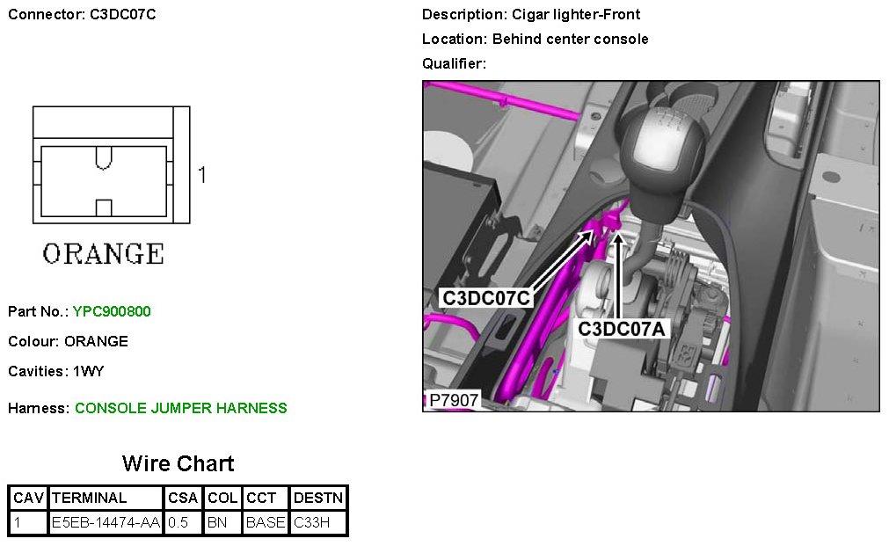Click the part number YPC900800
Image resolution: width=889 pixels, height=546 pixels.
pyautogui.click(x=113, y=311)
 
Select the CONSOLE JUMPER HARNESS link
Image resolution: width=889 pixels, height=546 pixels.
pyautogui.click(x=181, y=408)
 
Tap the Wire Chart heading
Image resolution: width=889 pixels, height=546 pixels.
pyautogui.click(x=178, y=463)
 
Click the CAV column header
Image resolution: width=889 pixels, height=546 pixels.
pyautogui.click(x=28, y=499)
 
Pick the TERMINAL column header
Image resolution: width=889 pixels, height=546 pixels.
pyautogui.click(x=90, y=499)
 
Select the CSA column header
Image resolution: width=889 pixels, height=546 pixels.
pyautogui.click(x=183, y=499)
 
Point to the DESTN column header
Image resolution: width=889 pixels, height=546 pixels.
pyautogui.click(x=318, y=499)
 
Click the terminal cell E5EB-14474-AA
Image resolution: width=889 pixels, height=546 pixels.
pyautogui.click(x=106, y=522)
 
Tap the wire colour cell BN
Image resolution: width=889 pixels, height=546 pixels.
pyautogui.click(x=216, y=522)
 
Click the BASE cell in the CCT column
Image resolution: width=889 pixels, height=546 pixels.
pyautogui.click(x=265, y=522)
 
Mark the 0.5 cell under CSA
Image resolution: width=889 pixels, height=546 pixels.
pyautogui.click(x=179, y=522)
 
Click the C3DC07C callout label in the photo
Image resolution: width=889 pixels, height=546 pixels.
pyautogui.click(x=486, y=298)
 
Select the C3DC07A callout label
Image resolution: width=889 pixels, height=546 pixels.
pyautogui.click(x=623, y=329)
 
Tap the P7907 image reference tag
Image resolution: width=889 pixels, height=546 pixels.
pyautogui.click(x=453, y=401)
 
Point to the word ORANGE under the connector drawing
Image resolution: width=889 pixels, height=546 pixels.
pyautogui.click(x=104, y=254)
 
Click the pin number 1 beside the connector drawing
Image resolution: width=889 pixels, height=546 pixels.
pyautogui.click(x=201, y=175)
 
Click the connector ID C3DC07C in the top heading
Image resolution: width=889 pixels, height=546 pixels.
pyautogui.click(x=123, y=14)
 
